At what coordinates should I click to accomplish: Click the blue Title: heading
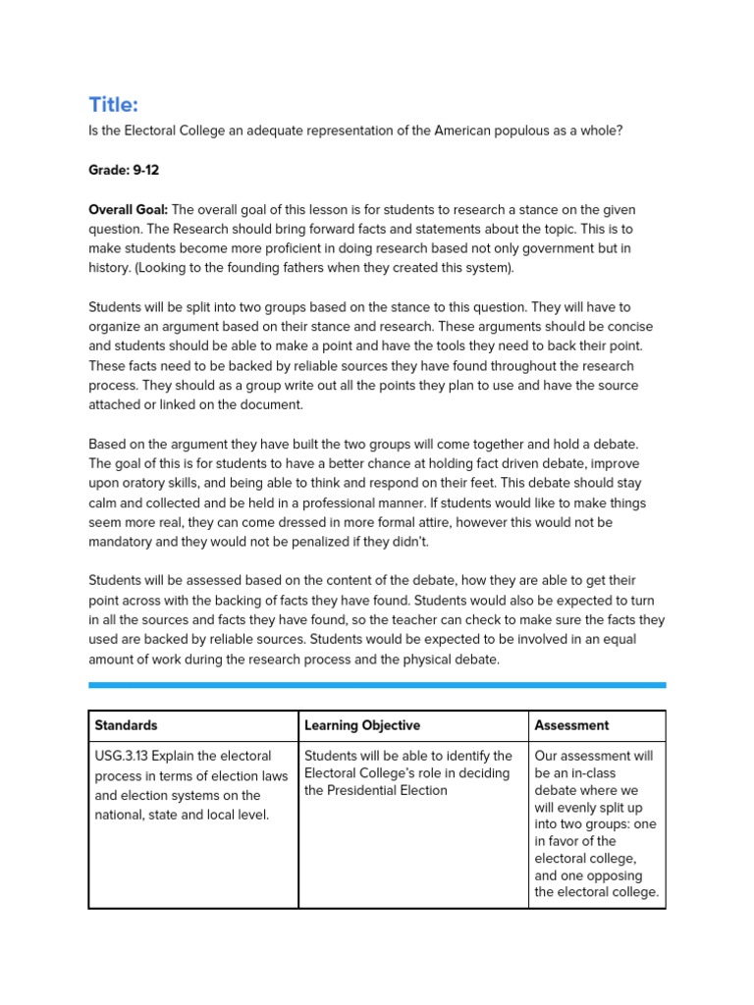pyautogui.click(x=113, y=105)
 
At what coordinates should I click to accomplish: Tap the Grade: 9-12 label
pyautogui.click(x=124, y=170)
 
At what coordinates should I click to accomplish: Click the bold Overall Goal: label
pyautogui.click(x=129, y=209)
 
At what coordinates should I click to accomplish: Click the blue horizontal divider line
pyautogui.click(x=377, y=684)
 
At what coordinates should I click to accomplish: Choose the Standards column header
pyautogui.click(x=126, y=725)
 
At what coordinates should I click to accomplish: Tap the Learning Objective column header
pyautogui.click(x=362, y=725)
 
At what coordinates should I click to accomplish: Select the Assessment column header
pyautogui.click(x=571, y=725)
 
